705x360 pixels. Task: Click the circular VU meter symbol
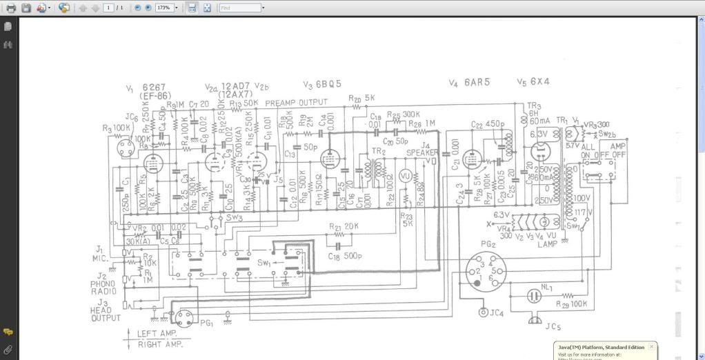(406, 177)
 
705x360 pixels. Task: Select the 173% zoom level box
(164, 8)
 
